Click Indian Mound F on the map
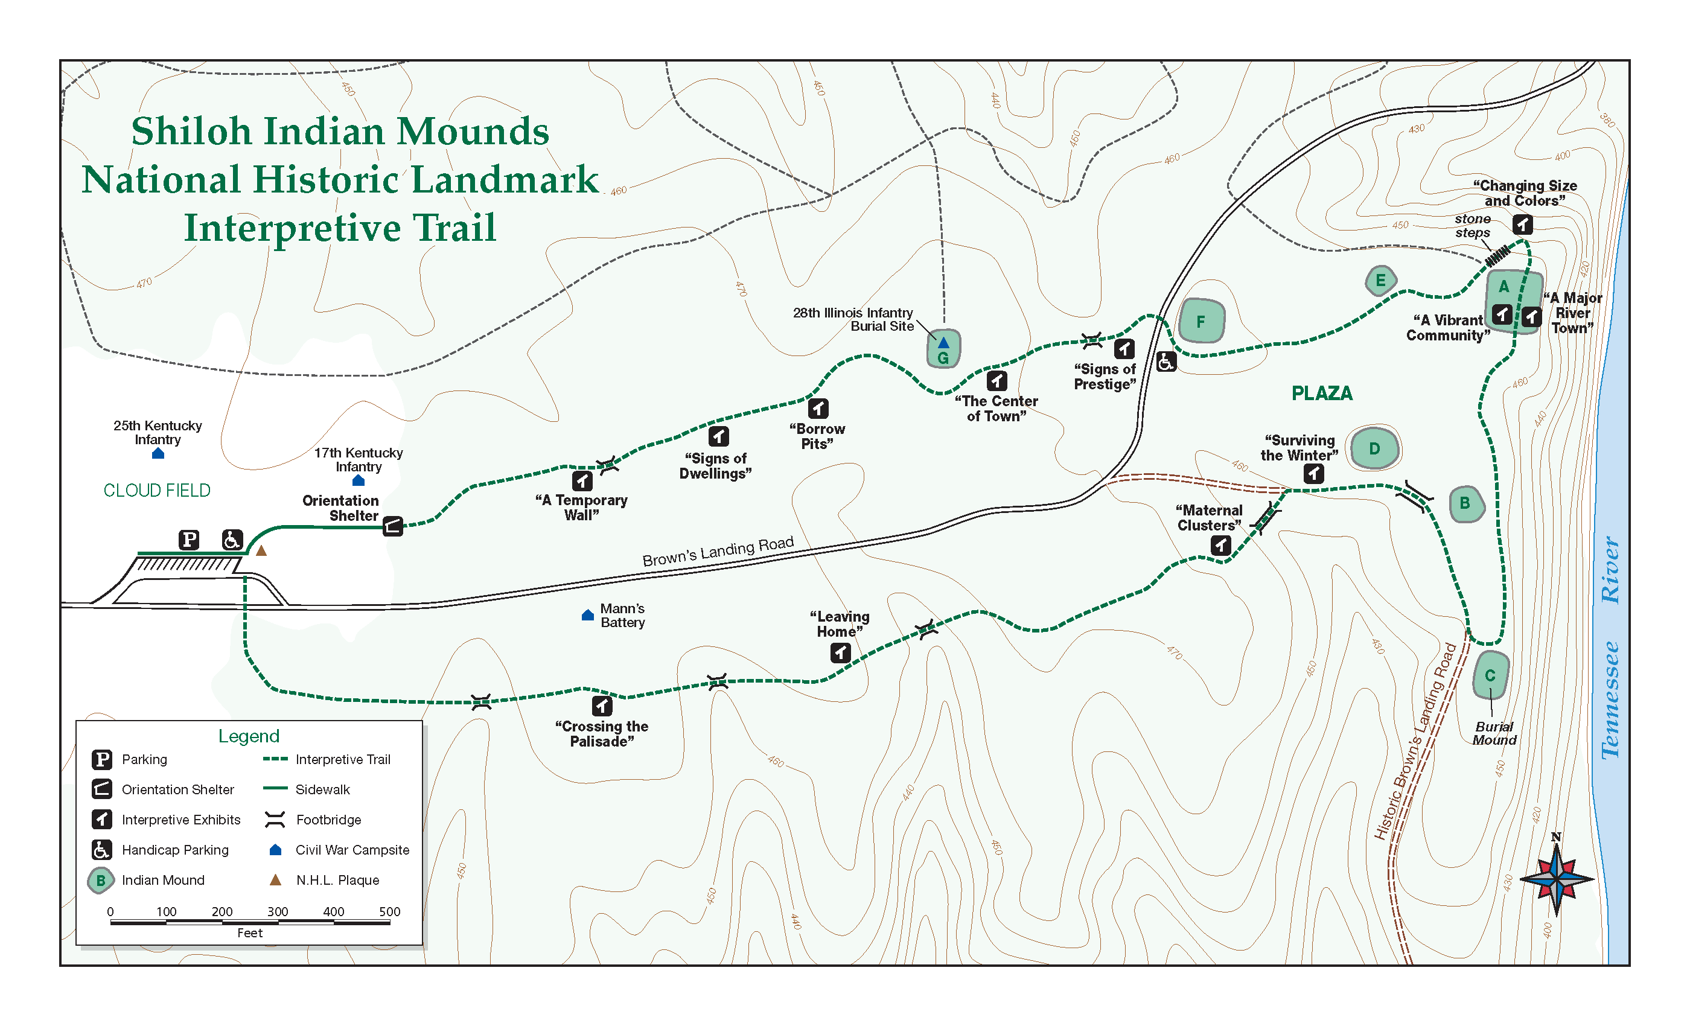1201,321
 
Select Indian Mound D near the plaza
1374,448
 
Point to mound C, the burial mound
1490,675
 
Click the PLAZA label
1322,393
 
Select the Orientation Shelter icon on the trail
392,526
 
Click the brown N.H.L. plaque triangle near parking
261,550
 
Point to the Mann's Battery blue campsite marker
587,615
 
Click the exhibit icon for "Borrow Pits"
818,408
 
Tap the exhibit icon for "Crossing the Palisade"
602,705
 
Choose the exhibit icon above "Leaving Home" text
840,652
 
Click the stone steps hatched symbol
1497,256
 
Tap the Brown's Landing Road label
718,552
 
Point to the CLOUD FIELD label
157,490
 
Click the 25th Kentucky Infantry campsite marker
158,453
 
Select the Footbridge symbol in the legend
275,820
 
